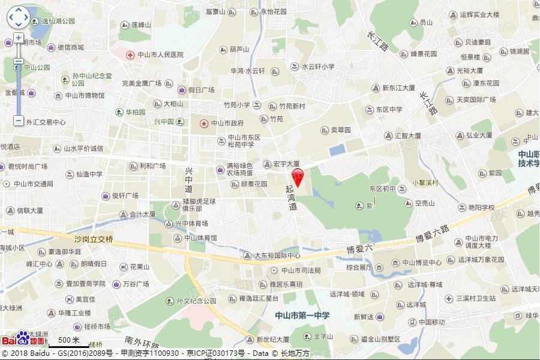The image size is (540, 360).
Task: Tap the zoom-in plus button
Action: (x=19, y=38)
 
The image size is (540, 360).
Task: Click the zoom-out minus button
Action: (x=19, y=61)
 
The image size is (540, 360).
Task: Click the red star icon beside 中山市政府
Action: (x=204, y=123)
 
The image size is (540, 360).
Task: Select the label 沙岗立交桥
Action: (x=93, y=239)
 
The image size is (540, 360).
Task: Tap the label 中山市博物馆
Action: (x=85, y=95)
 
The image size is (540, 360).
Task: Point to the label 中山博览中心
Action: (x=422, y=262)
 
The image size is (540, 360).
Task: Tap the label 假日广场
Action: (x=201, y=90)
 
